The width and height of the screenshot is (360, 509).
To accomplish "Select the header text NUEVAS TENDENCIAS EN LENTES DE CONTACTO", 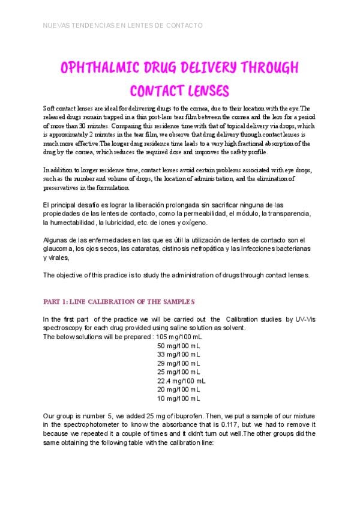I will pos(123,26).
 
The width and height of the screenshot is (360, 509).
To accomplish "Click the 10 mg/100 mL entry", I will pos(178,398).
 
